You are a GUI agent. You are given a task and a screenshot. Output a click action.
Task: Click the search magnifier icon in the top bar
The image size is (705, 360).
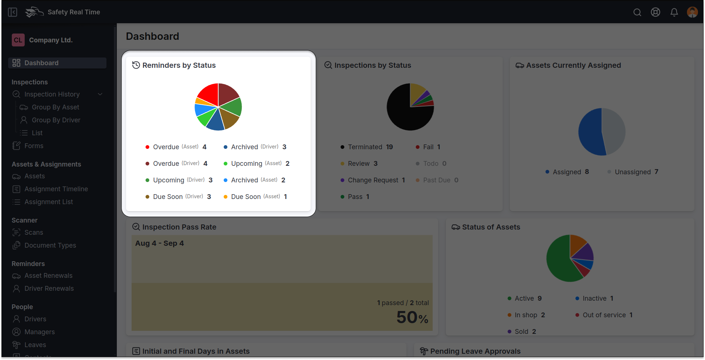pyautogui.click(x=637, y=13)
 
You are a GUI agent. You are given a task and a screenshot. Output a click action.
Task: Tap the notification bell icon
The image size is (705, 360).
pyautogui.click(x=674, y=13)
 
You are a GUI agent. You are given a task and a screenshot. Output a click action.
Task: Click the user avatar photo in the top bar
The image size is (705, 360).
pyautogui.click(x=692, y=12)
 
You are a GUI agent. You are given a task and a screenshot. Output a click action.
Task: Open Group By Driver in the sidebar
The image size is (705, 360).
pyautogui.click(x=56, y=120)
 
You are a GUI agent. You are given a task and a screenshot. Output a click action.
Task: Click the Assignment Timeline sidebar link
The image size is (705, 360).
pyautogui.click(x=56, y=189)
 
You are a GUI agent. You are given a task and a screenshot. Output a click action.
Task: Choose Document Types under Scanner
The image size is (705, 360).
pyautogui.click(x=50, y=245)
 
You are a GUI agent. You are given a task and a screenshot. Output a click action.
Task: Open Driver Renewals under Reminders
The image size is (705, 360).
pyautogui.click(x=49, y=289)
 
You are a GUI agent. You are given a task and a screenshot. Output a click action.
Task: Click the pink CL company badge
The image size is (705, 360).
pyautogui.click(x=18, y=40)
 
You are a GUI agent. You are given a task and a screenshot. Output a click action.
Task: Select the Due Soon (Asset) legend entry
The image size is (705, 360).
pyautogui.click(x=255, y=197)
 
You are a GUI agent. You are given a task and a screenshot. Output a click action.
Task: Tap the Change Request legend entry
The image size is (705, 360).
pyautogui.click(x=373, y=180)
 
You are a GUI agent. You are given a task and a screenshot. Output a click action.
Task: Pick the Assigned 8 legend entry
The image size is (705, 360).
pyautogui.click(x=567, y=172)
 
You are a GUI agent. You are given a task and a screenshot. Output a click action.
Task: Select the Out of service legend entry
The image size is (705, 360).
pyautogui.click(x=604, y=315)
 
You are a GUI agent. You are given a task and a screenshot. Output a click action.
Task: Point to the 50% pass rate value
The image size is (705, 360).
pyautogui.click(x=412, y=317)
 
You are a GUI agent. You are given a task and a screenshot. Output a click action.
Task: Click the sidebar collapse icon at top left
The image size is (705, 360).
pyautogui.click(x=13, y=13)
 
